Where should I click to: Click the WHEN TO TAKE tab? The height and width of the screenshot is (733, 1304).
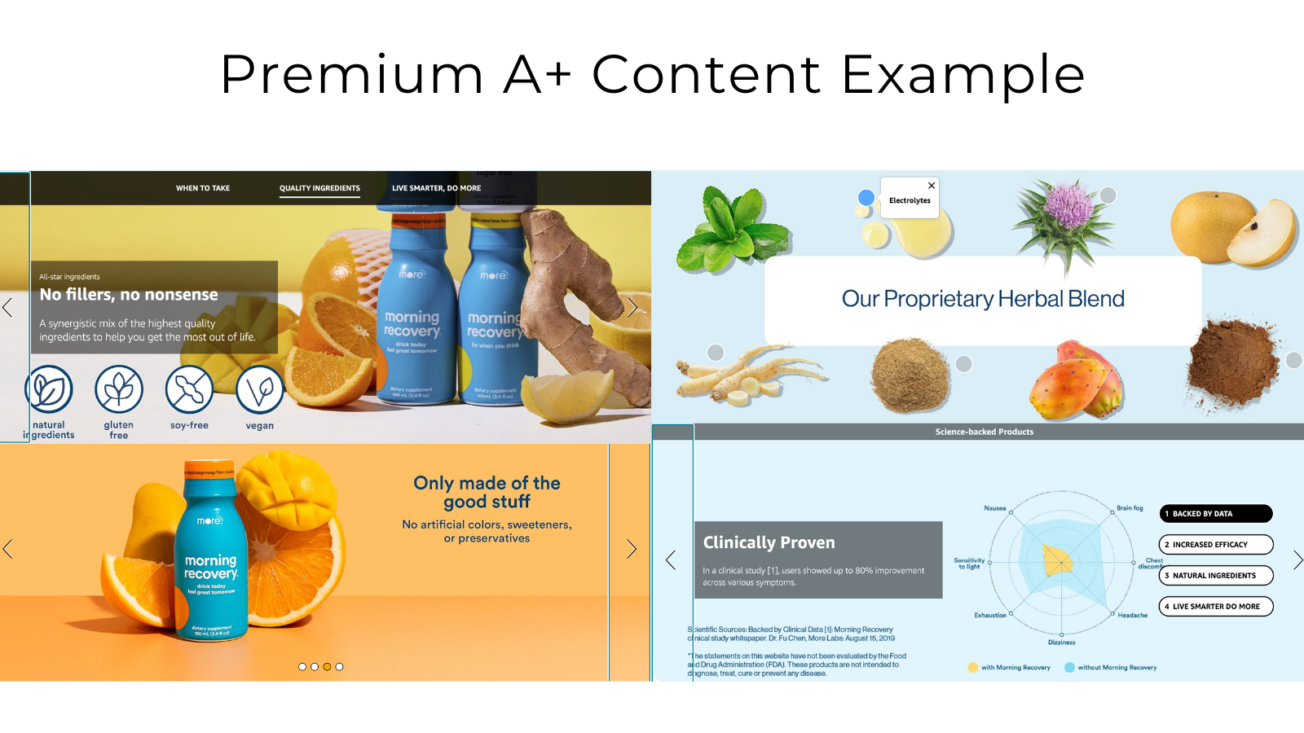pos(203,188)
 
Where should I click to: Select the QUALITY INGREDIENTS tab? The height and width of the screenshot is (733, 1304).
pos(319,188)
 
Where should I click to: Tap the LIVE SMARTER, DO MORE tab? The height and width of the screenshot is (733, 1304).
pos(436,188)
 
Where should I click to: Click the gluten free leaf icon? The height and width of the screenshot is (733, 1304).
pos(119,389)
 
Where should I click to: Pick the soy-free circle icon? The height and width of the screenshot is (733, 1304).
pos(189,389)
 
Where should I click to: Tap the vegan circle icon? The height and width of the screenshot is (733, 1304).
pos(259,389)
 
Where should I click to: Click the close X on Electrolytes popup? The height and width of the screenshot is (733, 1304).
pos(932,186)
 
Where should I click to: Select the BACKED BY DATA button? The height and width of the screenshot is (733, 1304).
pos(1215,514)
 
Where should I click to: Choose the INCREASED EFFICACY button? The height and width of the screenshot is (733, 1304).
pos(1215,545)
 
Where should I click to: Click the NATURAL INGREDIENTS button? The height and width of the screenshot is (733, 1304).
pos(1215,576)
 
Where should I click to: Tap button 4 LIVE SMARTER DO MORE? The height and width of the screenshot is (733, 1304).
pos(1215,607)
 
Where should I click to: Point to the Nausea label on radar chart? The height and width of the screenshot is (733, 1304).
pos(995,508)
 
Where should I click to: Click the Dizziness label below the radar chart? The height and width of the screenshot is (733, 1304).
pos(1061,643)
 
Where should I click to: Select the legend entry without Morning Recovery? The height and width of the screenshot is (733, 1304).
pos(1117,668)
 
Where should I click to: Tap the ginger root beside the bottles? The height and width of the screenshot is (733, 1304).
pos(570,277)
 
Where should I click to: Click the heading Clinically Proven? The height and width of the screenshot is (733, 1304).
pos(769,542)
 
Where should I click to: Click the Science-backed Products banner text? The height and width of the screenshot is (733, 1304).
pos(984,432)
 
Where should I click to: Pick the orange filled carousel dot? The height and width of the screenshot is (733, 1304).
pos(327,667)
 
